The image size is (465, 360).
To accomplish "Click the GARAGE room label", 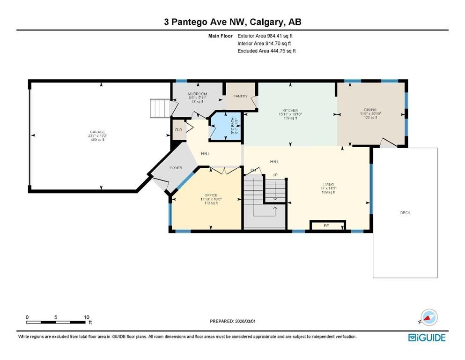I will pyautogui.click(x=98, y=132).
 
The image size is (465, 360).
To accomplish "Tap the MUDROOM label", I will pyautogui.click(x=198, y=94).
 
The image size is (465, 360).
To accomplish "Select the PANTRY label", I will pyautogui.click(x=240, y=96).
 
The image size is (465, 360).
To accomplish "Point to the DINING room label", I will pyautogui.click(x=371, y=110).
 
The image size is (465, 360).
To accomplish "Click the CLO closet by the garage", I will pyautogui.click(x=178, y=130).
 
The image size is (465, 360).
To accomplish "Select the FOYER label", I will pyautogui.click(x=176, y=168).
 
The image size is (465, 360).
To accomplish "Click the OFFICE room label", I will pyautogui.click(x=211, y=195).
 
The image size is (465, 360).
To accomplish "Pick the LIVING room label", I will pyautogui.click(x=328, y=185).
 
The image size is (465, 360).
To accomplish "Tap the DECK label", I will pyautogui.click(x=405, y=213).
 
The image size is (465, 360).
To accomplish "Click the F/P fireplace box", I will pyautogui.click(x=327, y=226).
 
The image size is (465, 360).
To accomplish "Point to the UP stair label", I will pyautogui.click(x=276, y=175).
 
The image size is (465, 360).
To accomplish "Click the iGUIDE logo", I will pyautogui.click(x=427, y=337).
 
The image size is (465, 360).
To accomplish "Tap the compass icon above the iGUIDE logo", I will pyautogui.click(x=428, y=318).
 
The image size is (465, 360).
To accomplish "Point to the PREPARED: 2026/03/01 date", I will pyautogui.click(x=232, y=321).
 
